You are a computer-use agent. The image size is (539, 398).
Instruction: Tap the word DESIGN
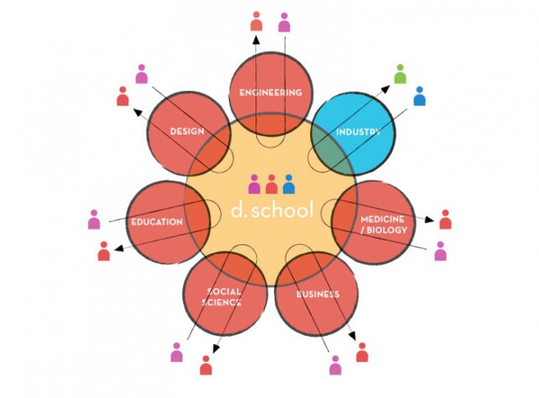point(187,132)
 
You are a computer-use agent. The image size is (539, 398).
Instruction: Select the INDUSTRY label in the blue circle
point(358,132)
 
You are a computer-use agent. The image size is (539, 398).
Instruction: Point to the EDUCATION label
point(157,221)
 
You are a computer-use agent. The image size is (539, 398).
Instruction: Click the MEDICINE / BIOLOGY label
point(384,225)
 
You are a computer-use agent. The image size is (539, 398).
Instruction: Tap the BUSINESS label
point(316,293)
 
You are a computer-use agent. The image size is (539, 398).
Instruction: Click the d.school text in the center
point(271,211)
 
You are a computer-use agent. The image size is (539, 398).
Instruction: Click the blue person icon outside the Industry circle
point(420,95)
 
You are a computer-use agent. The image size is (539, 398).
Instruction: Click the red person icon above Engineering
point(256,22)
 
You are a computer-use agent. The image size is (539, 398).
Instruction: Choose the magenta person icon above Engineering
point(284,22)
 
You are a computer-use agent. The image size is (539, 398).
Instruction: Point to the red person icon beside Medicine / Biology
point(445,219)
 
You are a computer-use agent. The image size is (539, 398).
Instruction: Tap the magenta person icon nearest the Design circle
point(141,75)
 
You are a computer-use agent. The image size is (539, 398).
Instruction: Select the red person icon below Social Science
point(206,365)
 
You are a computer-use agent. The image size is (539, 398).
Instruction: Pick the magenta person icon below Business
point(335,365)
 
